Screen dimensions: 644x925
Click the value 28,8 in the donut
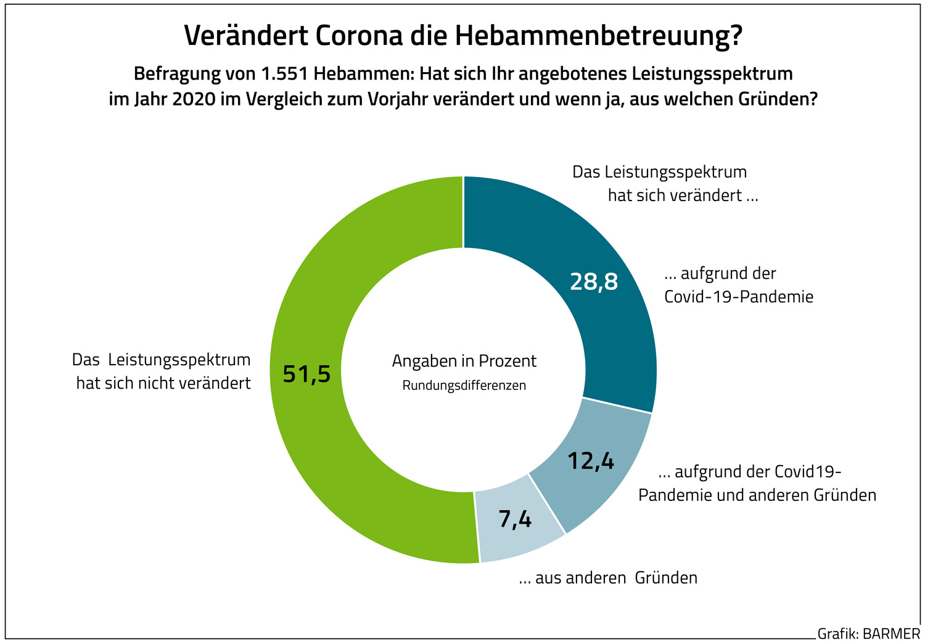pyautogui.click(x=593, y=281)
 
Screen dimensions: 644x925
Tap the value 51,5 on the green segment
pyautogui.click(x=306, y=374)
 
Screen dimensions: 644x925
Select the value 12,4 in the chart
pyautogui.click(x=590, y=460)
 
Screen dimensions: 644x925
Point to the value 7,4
pyautogui.click(x=515, y=519)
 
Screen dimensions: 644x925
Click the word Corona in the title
pyautogui.click(x=360, y=36)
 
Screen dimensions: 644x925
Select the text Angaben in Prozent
pyautogui.click(x=464, y=361)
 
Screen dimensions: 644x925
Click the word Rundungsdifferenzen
pyautogui.click(x=464, y=386)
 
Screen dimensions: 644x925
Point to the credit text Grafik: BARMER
pyautogui.click(x=868, y=634)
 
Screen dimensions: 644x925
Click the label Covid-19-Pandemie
pyautogui.click(x=738, y=297)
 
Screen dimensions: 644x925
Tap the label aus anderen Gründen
pyautogui.click(x=608, y=578)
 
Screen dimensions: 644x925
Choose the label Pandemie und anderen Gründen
pyautogui.click(x=757, y=495)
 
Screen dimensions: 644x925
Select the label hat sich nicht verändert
pyautogui.click(x=163, y=383)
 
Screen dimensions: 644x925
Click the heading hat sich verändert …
pyautogui.click(x=683, y=196)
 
